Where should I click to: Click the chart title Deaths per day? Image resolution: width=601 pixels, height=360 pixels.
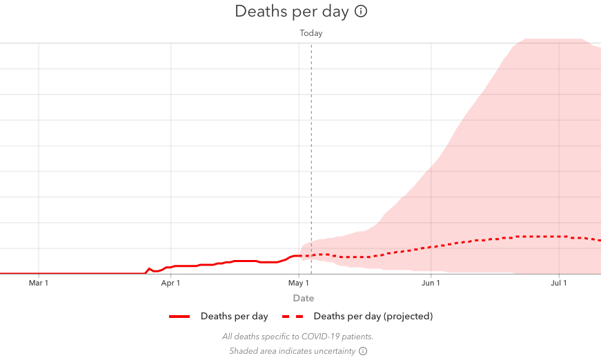point(293,12)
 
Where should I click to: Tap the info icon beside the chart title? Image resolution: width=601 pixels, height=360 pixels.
point(361,12)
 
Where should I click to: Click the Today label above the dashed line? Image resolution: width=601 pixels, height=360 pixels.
point(311,33)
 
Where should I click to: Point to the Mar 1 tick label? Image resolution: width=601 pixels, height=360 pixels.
point(39,283)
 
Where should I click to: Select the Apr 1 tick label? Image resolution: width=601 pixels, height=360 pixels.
point(170,283)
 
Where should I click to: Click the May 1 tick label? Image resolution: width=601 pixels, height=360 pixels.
point(299,283)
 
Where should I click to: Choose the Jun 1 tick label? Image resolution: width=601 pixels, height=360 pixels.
point(431,283)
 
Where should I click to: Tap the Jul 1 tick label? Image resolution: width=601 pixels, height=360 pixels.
point(559,283)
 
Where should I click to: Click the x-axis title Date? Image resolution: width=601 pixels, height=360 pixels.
point(304,299)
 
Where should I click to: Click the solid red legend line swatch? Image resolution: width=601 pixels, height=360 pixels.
point(179,317)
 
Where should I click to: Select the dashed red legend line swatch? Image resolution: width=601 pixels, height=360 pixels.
point(293,317)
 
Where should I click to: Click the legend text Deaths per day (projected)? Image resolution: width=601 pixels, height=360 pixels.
point(373,317)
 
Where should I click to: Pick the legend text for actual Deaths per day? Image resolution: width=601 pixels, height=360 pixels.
point(235,317)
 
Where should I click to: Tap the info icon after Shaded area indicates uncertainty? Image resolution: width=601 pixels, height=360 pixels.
point(363,351)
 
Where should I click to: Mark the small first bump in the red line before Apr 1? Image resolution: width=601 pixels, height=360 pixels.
point(149,269)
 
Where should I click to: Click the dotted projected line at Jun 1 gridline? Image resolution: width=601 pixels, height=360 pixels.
point(431,246)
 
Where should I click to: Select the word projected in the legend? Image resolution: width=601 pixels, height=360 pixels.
point(408,317)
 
